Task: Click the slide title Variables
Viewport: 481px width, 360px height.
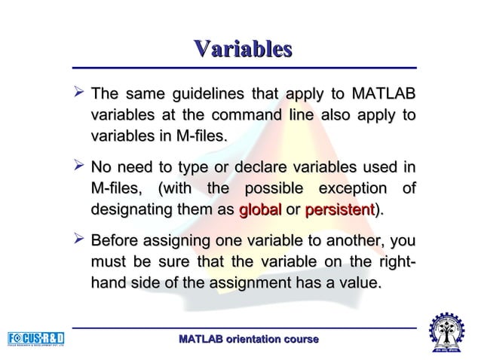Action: point(241,49)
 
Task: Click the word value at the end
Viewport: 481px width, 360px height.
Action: point(358,283)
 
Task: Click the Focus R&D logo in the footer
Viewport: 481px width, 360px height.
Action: point(35,337)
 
